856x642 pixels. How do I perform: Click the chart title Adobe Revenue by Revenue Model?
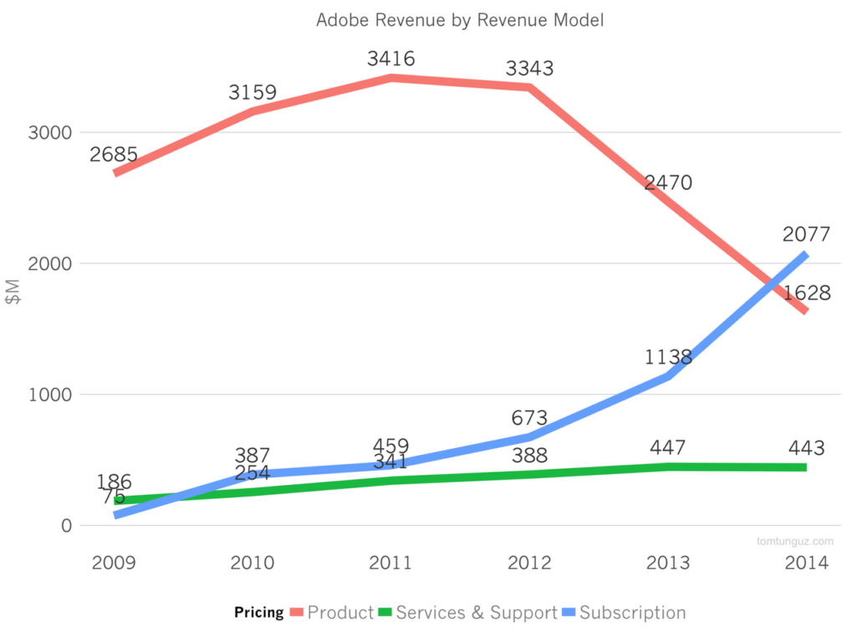point(459,20)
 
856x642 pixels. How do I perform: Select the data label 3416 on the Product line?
point(390,59)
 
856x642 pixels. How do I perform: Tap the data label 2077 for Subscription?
point(807,235)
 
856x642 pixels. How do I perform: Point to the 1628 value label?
point(807,293)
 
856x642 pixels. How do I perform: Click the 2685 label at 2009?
point(114,155)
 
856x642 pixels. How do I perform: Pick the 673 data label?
point(528,418)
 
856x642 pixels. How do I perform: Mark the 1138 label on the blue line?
point(668,358)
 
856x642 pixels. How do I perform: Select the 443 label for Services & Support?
point(807,448)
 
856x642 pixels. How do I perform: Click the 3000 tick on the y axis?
point(51,132)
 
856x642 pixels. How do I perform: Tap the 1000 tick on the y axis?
point(51,395)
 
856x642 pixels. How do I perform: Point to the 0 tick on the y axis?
point(66,526)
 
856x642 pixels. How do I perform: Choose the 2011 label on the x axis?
point(390,563)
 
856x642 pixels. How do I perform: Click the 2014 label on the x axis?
point(807,563)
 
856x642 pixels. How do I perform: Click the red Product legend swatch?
point(297,613)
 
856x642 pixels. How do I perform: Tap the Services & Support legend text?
point(476,613)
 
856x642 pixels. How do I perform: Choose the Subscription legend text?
point(632,613)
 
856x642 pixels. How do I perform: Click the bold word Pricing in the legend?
point(259,613)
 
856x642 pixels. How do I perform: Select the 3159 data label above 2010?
point(252,93)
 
